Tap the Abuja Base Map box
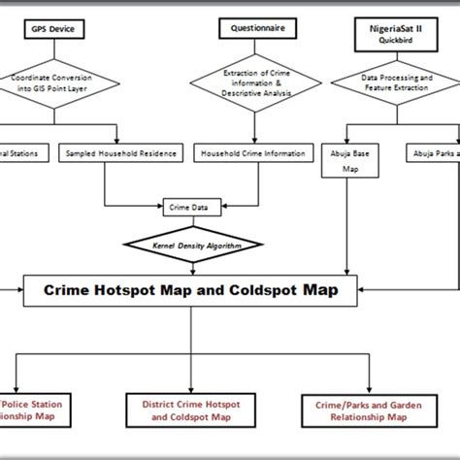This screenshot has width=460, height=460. click(x=346, y=161)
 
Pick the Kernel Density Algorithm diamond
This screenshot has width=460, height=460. click(x=194, y=245)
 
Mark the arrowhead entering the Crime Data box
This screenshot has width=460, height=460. click(x=162, y=206)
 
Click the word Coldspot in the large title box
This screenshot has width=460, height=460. click(x=257, y=288)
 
